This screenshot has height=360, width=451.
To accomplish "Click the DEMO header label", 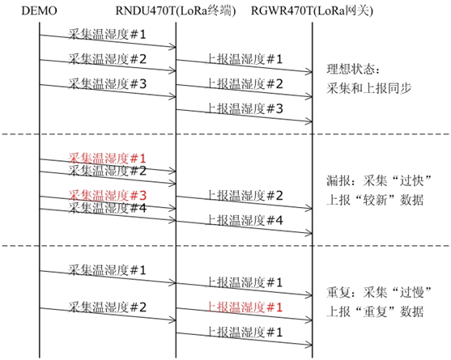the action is click(x=39, y=11).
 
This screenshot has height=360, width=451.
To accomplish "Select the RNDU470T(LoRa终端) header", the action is click(x=176, y=11).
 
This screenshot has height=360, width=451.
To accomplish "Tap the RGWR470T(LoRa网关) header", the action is click(x=312, y=11).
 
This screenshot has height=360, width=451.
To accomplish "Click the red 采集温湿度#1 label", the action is click(x=107, y=159).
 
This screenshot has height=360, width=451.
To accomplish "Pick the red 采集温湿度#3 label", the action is click(x=107, y=196).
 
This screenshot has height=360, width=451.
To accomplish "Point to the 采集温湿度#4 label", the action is click(x=107, y=208).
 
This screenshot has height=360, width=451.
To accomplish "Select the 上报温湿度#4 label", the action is click(x=245, y=220).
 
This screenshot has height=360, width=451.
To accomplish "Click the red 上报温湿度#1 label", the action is click(x=245, y=307).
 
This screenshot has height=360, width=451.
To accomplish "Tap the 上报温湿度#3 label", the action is click(x=245, y=108).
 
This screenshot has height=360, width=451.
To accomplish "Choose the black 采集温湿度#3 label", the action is click(x=107, y=84).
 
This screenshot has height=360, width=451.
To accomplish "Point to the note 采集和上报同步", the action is click(x=368, y=88).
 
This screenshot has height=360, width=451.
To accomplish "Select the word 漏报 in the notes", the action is click(x=338, y=181).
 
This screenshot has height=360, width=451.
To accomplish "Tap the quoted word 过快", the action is click(x=411, y=181).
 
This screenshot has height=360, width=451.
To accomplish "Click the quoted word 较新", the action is click(x=375, y=200).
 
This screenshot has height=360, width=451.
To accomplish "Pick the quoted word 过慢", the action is click(x=411, y=293).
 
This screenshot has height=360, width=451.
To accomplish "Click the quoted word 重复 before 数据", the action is click(x=375, y=311).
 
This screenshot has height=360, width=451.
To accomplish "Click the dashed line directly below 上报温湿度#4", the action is click(x=225, y=246).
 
